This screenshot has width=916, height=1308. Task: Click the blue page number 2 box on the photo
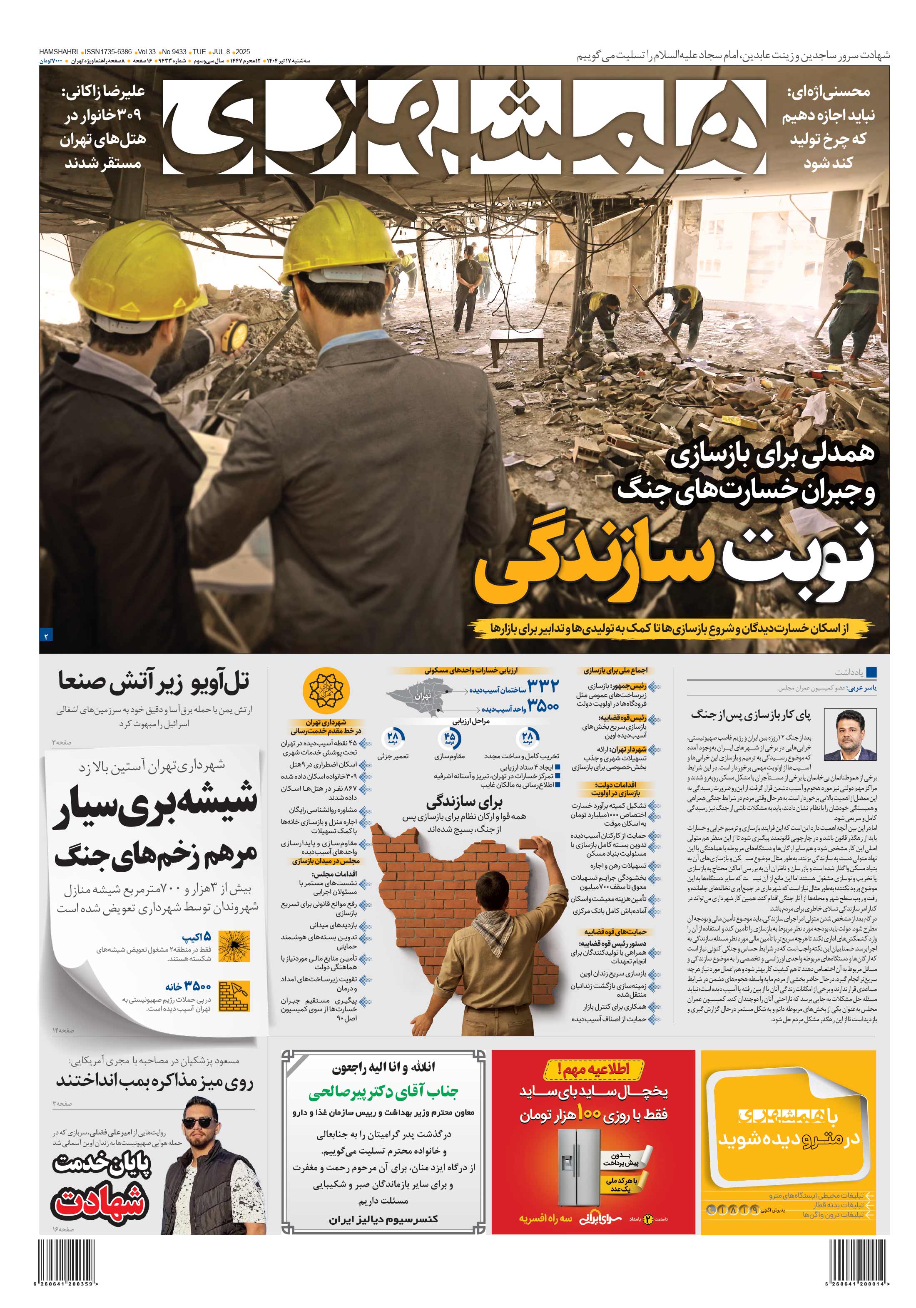click(46, 635)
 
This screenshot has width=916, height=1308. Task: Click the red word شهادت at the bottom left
click(100, 1204)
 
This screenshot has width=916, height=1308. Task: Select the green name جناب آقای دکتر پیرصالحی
click(383, 1092)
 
